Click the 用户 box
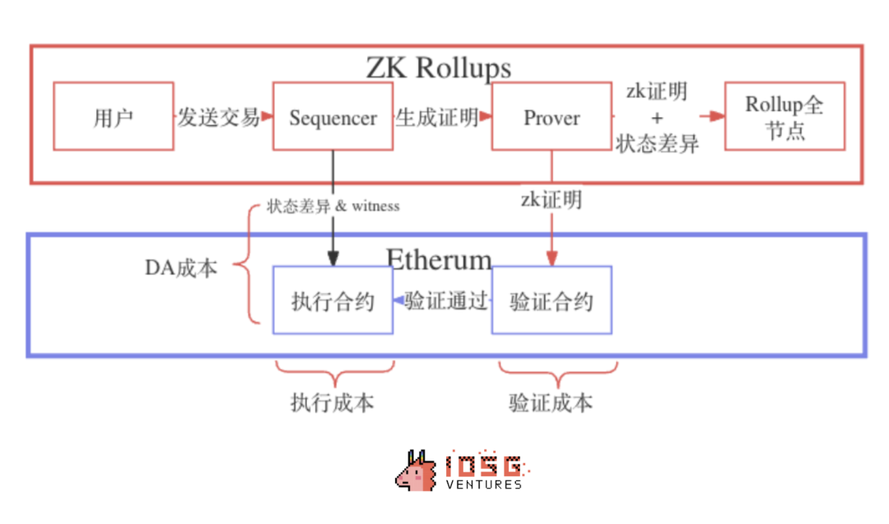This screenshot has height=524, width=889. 114,116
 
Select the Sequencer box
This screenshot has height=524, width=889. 333,116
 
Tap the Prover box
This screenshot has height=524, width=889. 552,116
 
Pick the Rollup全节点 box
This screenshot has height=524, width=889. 784,116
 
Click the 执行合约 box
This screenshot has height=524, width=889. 333,301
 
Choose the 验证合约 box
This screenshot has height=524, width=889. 552,301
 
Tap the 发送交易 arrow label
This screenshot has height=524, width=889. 219,117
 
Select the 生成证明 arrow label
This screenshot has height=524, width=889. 437,117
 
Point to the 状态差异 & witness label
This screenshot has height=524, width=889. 333,206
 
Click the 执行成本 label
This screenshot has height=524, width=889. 332,403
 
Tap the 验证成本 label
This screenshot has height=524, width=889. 551,403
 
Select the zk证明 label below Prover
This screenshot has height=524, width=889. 551,199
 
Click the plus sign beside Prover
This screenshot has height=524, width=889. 657,117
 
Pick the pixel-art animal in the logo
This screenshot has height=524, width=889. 416,472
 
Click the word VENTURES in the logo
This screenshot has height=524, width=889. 483,484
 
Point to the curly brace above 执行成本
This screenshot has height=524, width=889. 333,373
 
